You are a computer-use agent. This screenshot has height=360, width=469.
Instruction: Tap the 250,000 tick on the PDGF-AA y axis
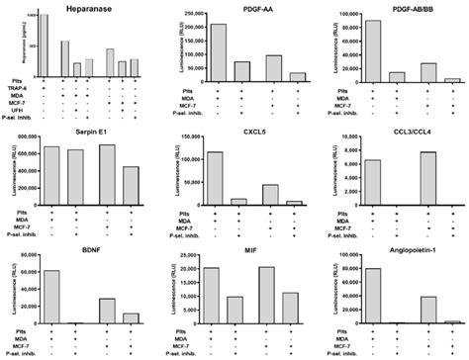click(x=186, y=15)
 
